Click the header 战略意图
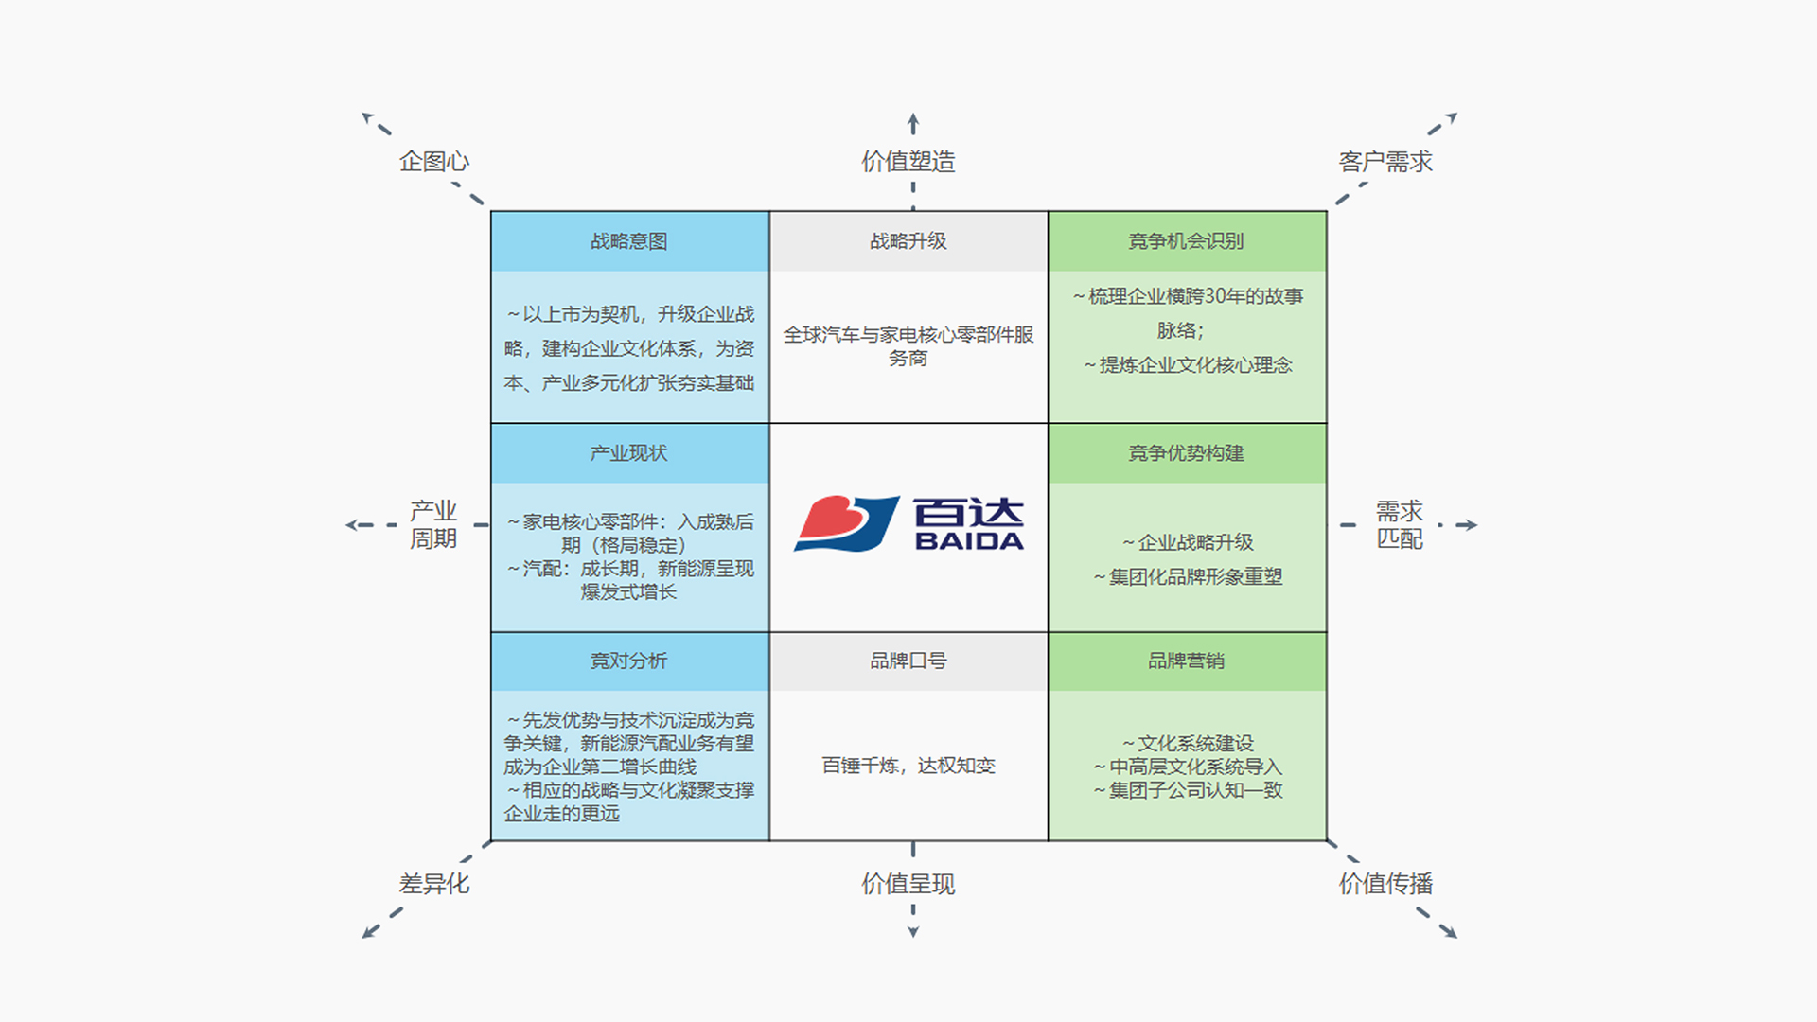tap(629, 241)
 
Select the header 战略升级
tap(908, 241)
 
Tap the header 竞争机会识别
tap(1186, 241)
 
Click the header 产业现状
tap(629, 453)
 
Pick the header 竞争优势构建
tap(1186, 453)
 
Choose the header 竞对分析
tap(629, 661)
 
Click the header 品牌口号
tap(908, 661)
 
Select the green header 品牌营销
tap(1186, 661)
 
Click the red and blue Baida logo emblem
tap(846, 523)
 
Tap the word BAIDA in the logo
tap(969, 541)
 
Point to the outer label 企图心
tap(434, 162)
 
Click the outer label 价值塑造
tap(908, 162)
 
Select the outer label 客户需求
tap(1385, 162)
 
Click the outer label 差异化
tap(434, 884)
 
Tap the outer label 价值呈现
tap(908, 884)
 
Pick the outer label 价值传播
tap(1385, 884)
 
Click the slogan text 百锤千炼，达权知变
tap(908, 766)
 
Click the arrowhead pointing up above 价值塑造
tap(913, 120)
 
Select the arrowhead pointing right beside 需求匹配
tap(1470, 524)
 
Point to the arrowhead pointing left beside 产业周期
tap(353, 524)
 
